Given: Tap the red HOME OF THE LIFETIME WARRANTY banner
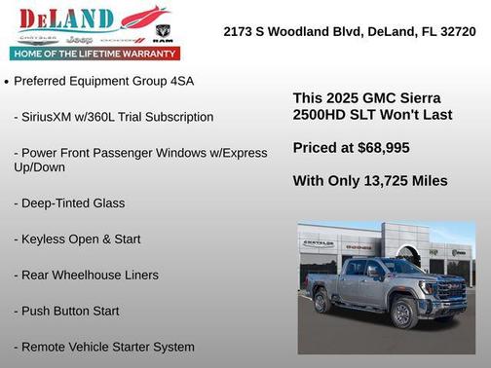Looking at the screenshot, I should (x=96, y=53).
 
